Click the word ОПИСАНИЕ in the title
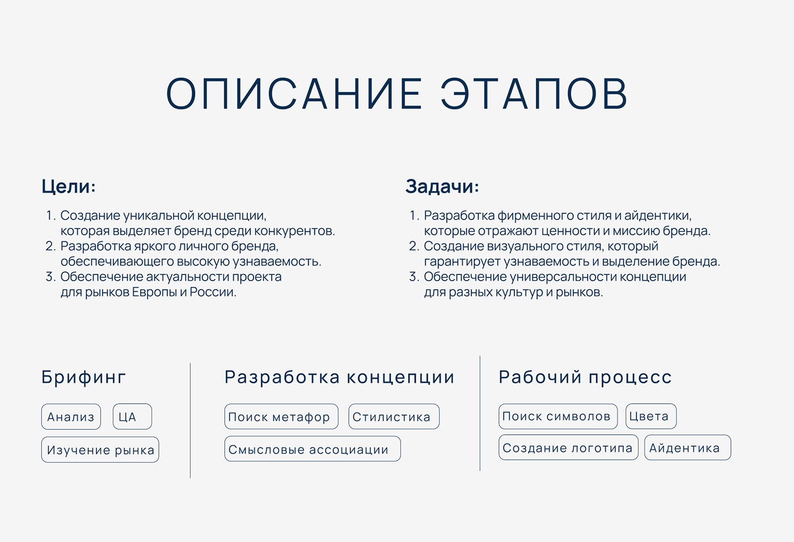294,94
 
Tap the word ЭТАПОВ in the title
534,94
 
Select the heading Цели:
69,187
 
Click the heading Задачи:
442,187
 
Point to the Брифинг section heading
83,377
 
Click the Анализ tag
71,417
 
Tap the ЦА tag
132,417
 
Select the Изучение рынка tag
100,450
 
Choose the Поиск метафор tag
281,417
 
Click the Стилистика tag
394,417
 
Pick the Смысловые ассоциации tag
312,449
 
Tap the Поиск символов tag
558,416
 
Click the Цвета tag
651,416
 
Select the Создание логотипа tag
568,447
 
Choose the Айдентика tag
687,447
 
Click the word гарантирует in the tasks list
462,262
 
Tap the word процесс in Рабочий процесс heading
630,377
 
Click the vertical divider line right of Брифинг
191,421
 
